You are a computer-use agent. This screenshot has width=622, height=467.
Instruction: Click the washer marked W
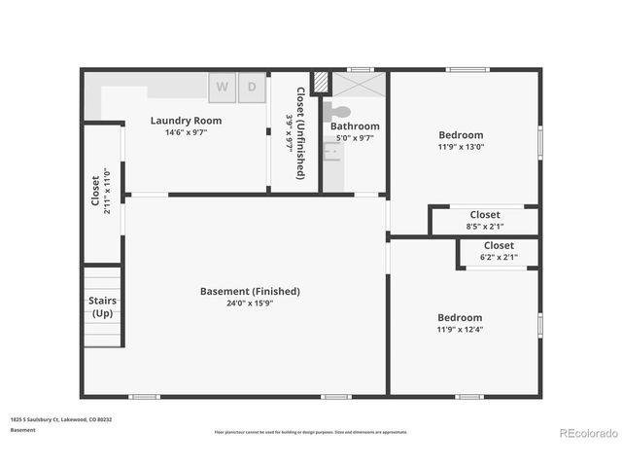(223, 87)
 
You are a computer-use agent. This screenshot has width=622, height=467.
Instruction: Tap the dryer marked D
(252, 87)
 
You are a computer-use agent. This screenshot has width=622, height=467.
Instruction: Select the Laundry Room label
(186, 121)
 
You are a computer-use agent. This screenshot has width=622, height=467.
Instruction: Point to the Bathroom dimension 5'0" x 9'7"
(354, 138)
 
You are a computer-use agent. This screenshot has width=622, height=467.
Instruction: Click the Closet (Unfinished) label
(300, 133)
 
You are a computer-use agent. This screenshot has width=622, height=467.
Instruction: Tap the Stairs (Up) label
(102, 307)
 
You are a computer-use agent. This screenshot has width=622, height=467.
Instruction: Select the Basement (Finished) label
(250, 291)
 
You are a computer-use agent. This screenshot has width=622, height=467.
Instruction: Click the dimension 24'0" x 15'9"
(250, 303)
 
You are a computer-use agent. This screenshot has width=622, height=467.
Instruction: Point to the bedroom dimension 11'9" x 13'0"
(461, 147)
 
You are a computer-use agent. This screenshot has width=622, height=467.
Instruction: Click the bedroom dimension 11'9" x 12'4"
(460, 329)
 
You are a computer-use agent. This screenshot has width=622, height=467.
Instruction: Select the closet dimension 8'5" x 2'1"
(485, 227)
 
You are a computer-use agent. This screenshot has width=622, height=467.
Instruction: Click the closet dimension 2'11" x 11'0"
(105, 195)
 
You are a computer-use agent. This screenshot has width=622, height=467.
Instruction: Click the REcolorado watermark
(588, 432)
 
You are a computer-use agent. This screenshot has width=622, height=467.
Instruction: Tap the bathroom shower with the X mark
(360, 85)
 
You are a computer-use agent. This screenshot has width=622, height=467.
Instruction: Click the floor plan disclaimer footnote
(311, 432)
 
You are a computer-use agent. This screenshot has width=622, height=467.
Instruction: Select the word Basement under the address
(23, 429)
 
